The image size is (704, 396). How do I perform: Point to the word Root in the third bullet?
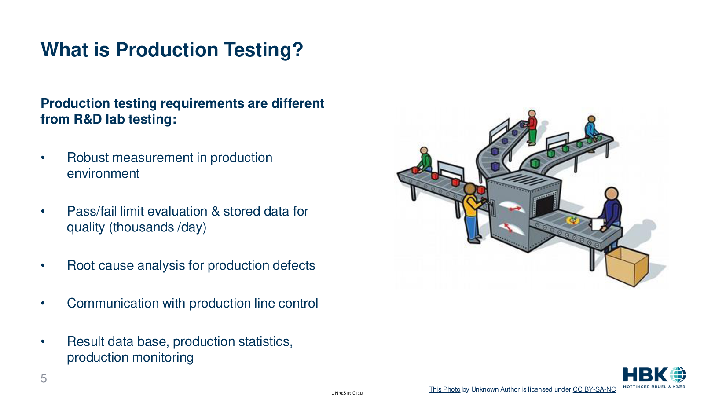tap(81, 265)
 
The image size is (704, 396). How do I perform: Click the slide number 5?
tap(44, 378)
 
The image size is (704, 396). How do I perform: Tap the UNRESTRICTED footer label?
tap(347, 393)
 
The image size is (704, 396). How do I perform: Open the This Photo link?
tap(444, 389)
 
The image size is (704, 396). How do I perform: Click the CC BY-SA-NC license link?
tap(594, 389)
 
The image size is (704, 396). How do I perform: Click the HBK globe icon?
tap(678, 375)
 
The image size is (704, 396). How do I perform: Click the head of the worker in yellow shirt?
tap(470, 189)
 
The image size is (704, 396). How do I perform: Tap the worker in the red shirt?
tap(531, 127)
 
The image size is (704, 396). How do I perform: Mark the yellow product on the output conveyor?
tap(572, 220)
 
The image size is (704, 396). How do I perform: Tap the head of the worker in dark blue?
tap(611, 194)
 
